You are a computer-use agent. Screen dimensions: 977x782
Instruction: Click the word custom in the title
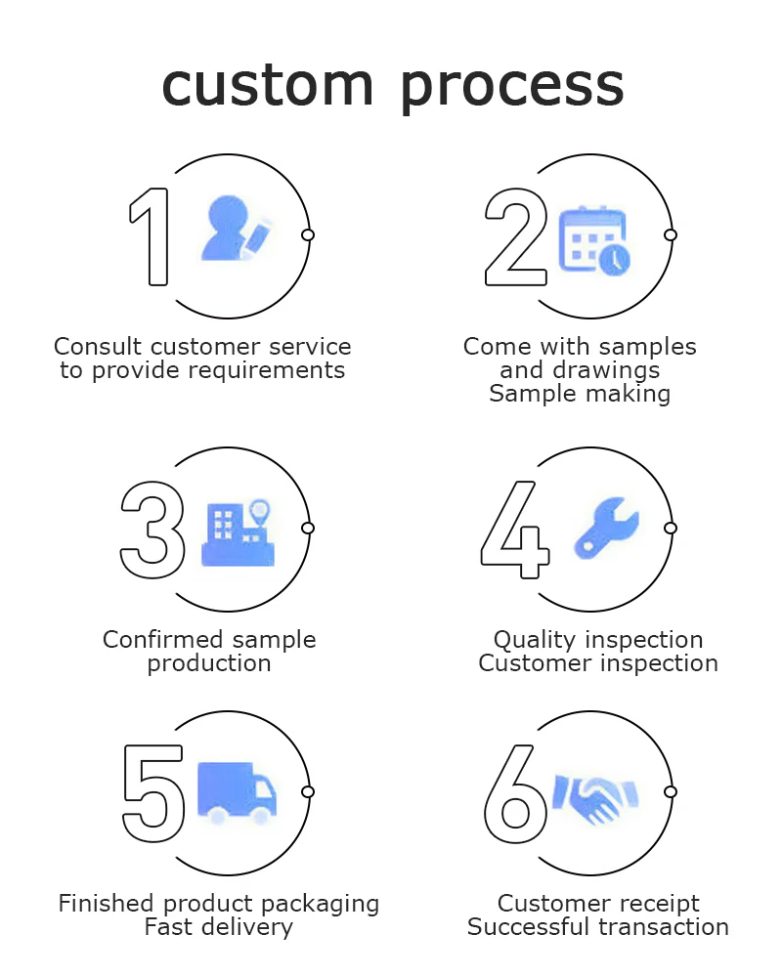267,86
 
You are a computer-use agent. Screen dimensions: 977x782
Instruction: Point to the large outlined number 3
152,529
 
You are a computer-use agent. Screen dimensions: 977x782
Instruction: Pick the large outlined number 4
515,529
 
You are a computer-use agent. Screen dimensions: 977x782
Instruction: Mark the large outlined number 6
515,793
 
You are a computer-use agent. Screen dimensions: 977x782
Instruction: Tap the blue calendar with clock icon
593,240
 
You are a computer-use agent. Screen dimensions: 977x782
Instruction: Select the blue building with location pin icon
238,533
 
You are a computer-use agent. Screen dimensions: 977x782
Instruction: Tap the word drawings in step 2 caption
612,370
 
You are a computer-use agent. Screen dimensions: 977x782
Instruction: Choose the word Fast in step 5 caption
168,927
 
